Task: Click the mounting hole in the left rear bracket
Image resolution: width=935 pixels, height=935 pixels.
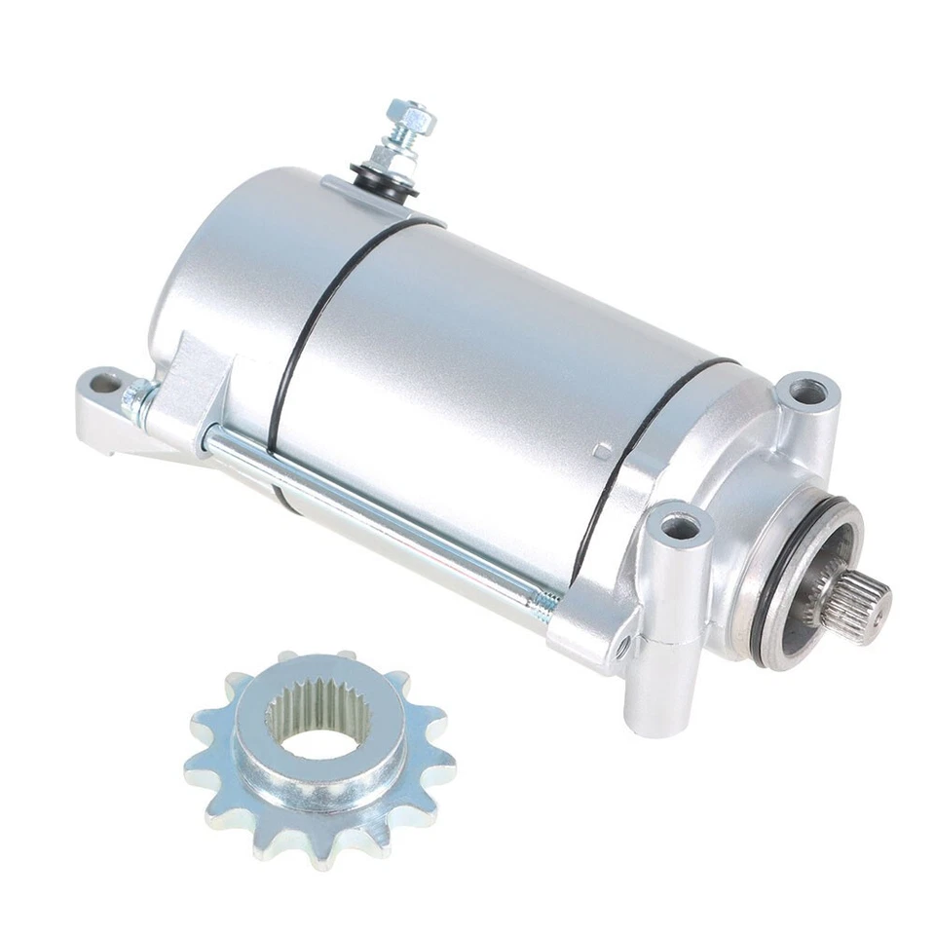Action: coord(103,384)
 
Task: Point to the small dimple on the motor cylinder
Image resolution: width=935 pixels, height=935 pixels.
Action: coord(603,451)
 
